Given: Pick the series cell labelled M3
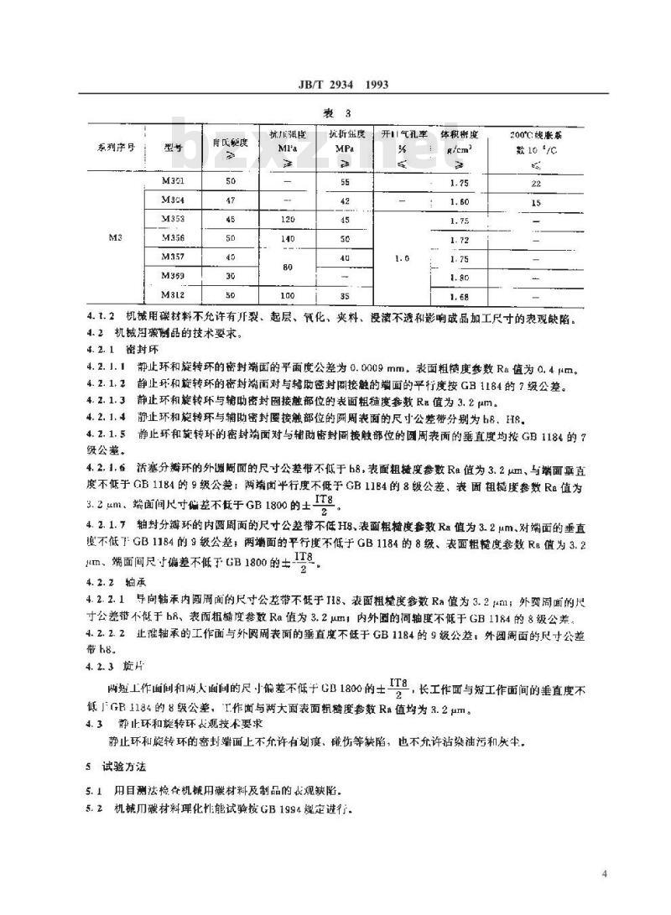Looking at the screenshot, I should click(117, 238).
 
